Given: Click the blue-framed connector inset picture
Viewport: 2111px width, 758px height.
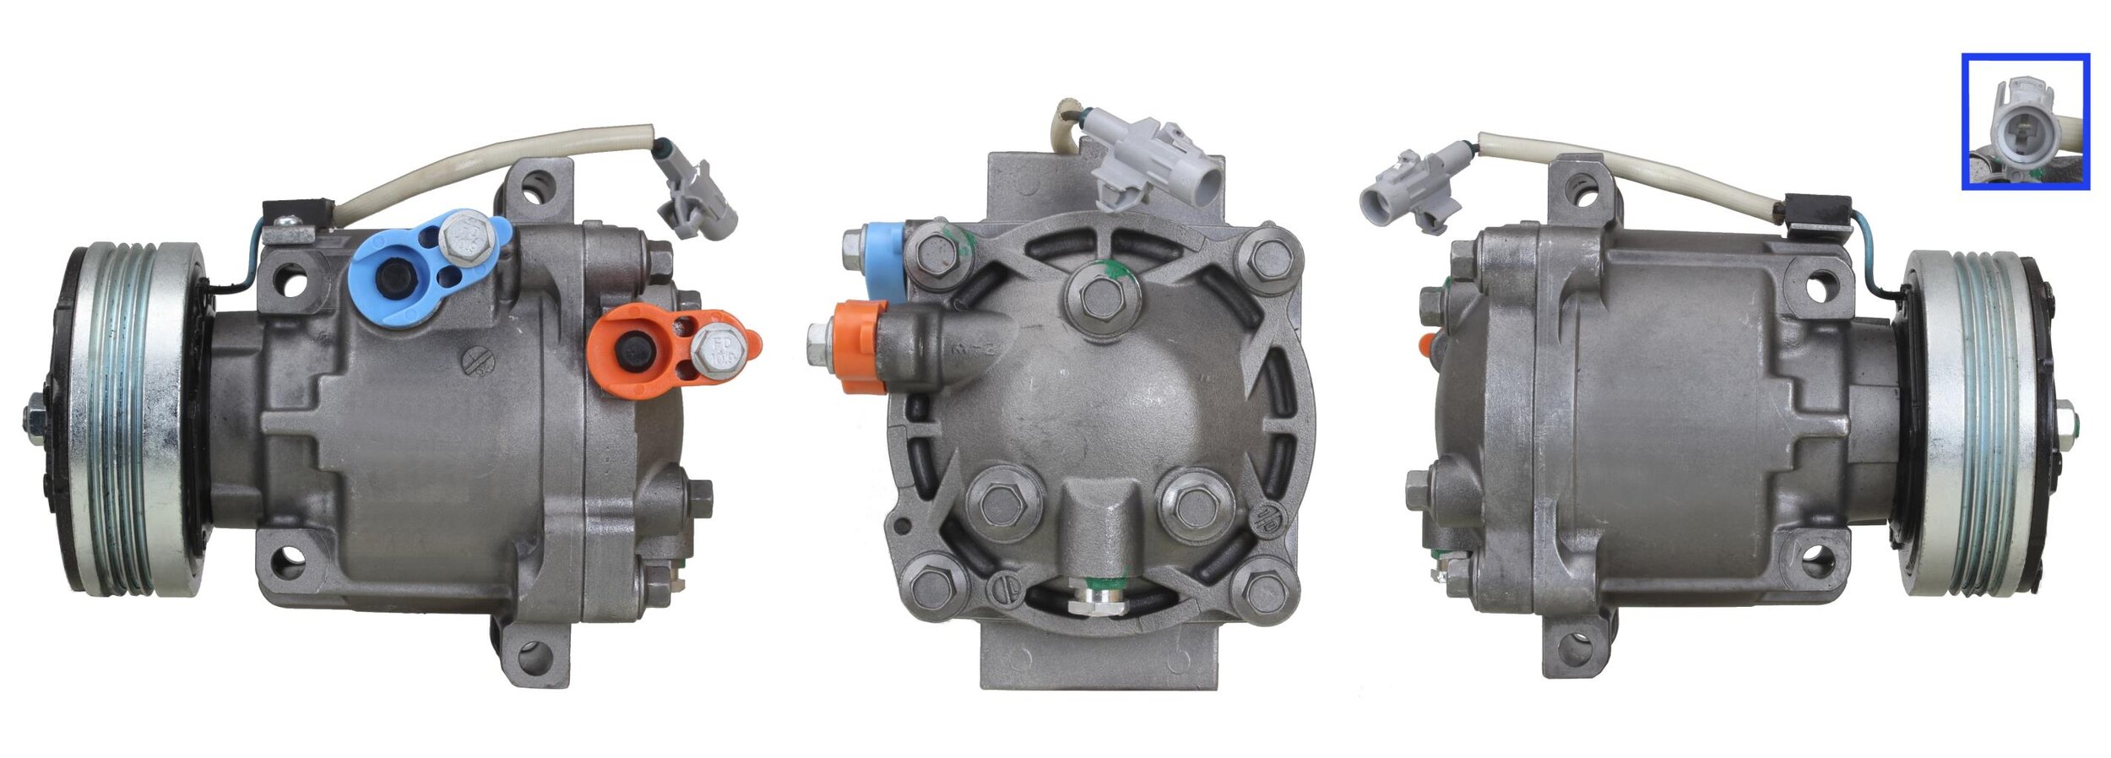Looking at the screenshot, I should (x=2025, y=122).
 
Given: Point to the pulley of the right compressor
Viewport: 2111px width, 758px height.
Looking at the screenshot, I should (x=1976, y=422).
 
